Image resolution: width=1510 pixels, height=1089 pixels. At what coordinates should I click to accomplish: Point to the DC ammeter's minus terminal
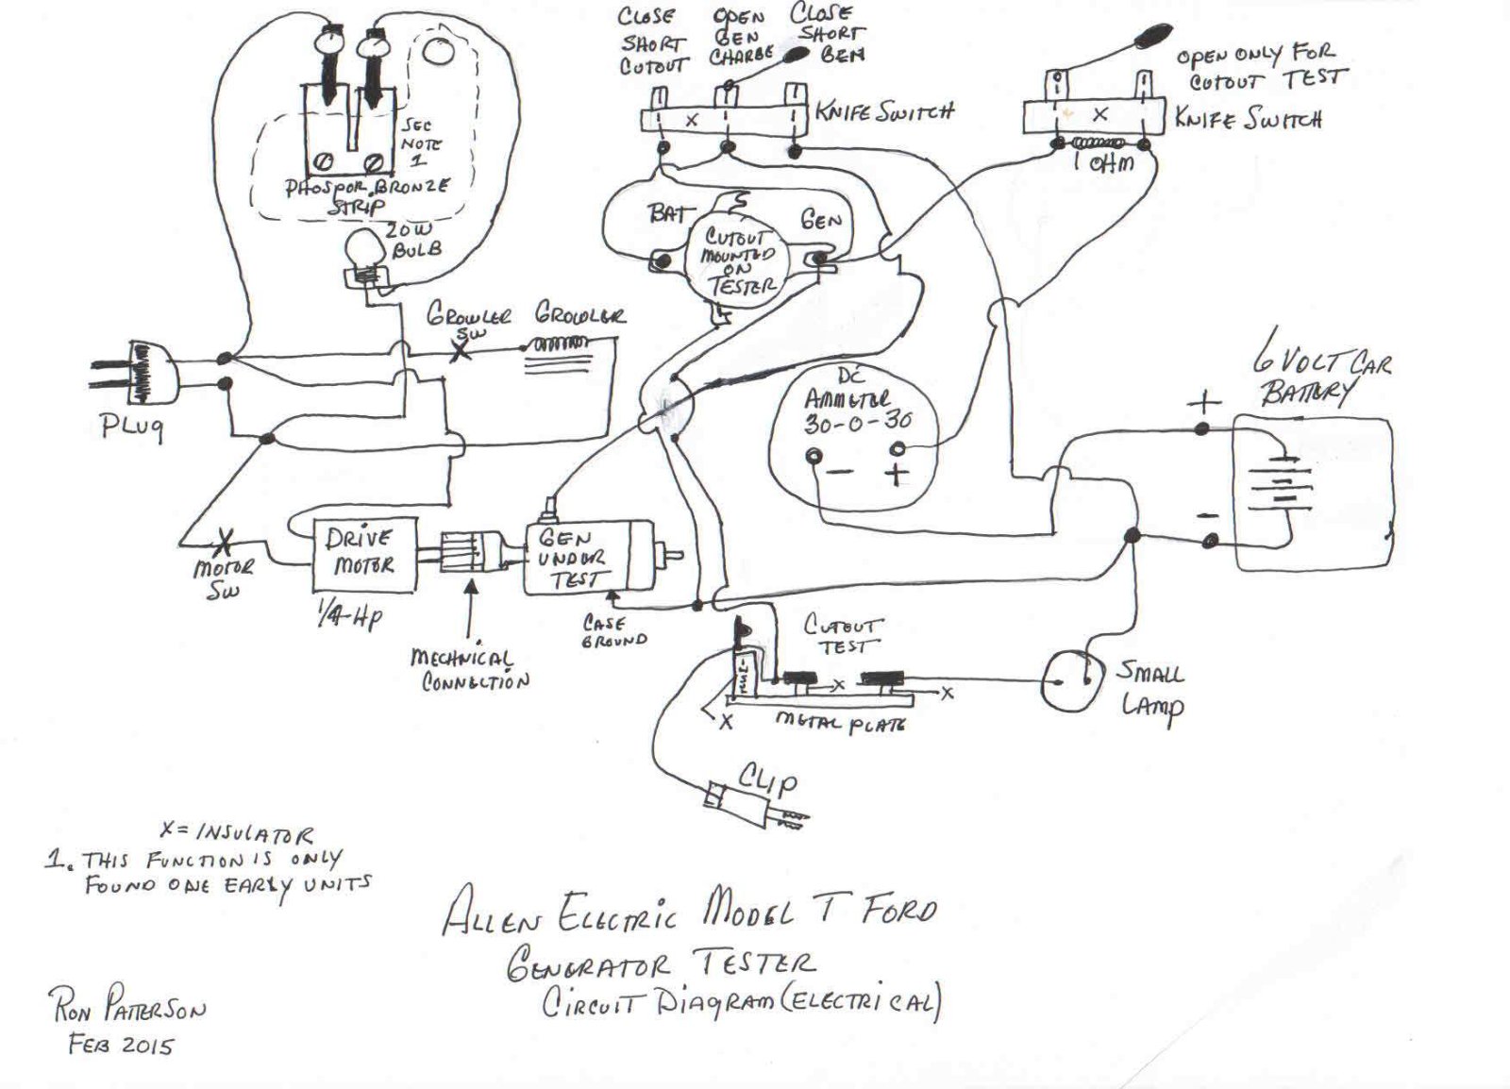pyautogui.click(x=814, y=458)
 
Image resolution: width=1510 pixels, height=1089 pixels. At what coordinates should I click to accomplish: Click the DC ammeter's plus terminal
pyautogui.click(x=898, y=449)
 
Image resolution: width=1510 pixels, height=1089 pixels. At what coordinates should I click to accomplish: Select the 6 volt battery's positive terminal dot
pyautogui.click(x=1201, y=429)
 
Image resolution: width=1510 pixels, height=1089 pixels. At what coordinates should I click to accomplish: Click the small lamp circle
pyautogui.click(x=1068, y=679)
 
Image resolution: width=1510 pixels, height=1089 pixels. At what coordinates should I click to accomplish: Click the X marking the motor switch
pyautogui.click(x=225, y=543)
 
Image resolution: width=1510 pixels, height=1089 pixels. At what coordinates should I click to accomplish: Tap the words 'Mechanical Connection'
pyautogui.click(x=469, y=669)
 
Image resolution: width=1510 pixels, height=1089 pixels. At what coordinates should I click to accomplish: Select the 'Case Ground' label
pyautogui.click(x=614, y=631)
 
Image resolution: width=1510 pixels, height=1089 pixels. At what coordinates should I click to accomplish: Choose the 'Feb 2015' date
pyautogui.click(x=120, y=1044)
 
